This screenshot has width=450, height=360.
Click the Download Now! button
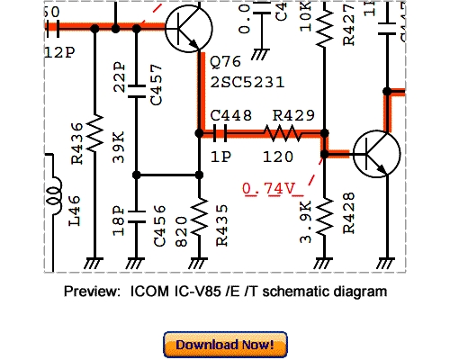click(225, 345)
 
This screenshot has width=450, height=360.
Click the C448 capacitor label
click(229, 114)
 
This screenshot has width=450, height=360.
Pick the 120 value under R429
click(280, 156)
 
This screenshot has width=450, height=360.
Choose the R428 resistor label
click(349, 213)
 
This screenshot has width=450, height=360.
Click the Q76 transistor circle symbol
click(192, 29)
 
